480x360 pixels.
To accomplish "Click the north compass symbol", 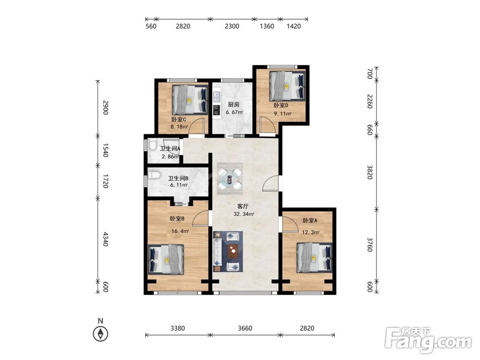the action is pyautogui.click(x=100, y=334).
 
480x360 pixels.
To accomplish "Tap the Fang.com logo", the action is pyautogui.click(x=429, y=340).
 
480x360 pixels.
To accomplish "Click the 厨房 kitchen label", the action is pyautogui.click(x=234, y=104).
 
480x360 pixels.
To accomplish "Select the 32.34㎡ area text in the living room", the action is pyautogui.click(x=244, y=214).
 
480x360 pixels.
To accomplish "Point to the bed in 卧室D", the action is pyautogui.click(x=288, y=86).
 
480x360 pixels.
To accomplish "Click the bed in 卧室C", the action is pyautogui.click(x=190, y=99).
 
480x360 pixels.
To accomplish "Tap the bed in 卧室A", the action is pyautogui.click(x=314, y=257).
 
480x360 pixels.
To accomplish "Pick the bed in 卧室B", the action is pyautogui.click(x=166, y=259).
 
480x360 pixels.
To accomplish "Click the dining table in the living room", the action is pyautogui.click(x=230, y=179).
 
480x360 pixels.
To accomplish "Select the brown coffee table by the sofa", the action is pyautogui.click(x=234, y=251).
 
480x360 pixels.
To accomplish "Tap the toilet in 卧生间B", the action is pyautogui.click(x=154, y=175).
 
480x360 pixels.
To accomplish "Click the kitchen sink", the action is pyautogui.click(x=217, y=96).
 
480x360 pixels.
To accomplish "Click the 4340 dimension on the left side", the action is pyautogui.click(x=105, y=239).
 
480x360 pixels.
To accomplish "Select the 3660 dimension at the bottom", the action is pyautogui.click(x=245, y=328).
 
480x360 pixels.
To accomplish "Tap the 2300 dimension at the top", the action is pyautogui.click(x=232, y=26).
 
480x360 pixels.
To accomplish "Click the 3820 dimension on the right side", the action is pyautogui.click(x=370, y=172).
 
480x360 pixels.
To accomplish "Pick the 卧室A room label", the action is pyautogui.click(x=310, y=220).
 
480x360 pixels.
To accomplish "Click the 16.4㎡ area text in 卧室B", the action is pyautogui.click(x=180, y=231).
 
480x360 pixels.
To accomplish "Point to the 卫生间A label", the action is pyautogui.click(x=170, y=149).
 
